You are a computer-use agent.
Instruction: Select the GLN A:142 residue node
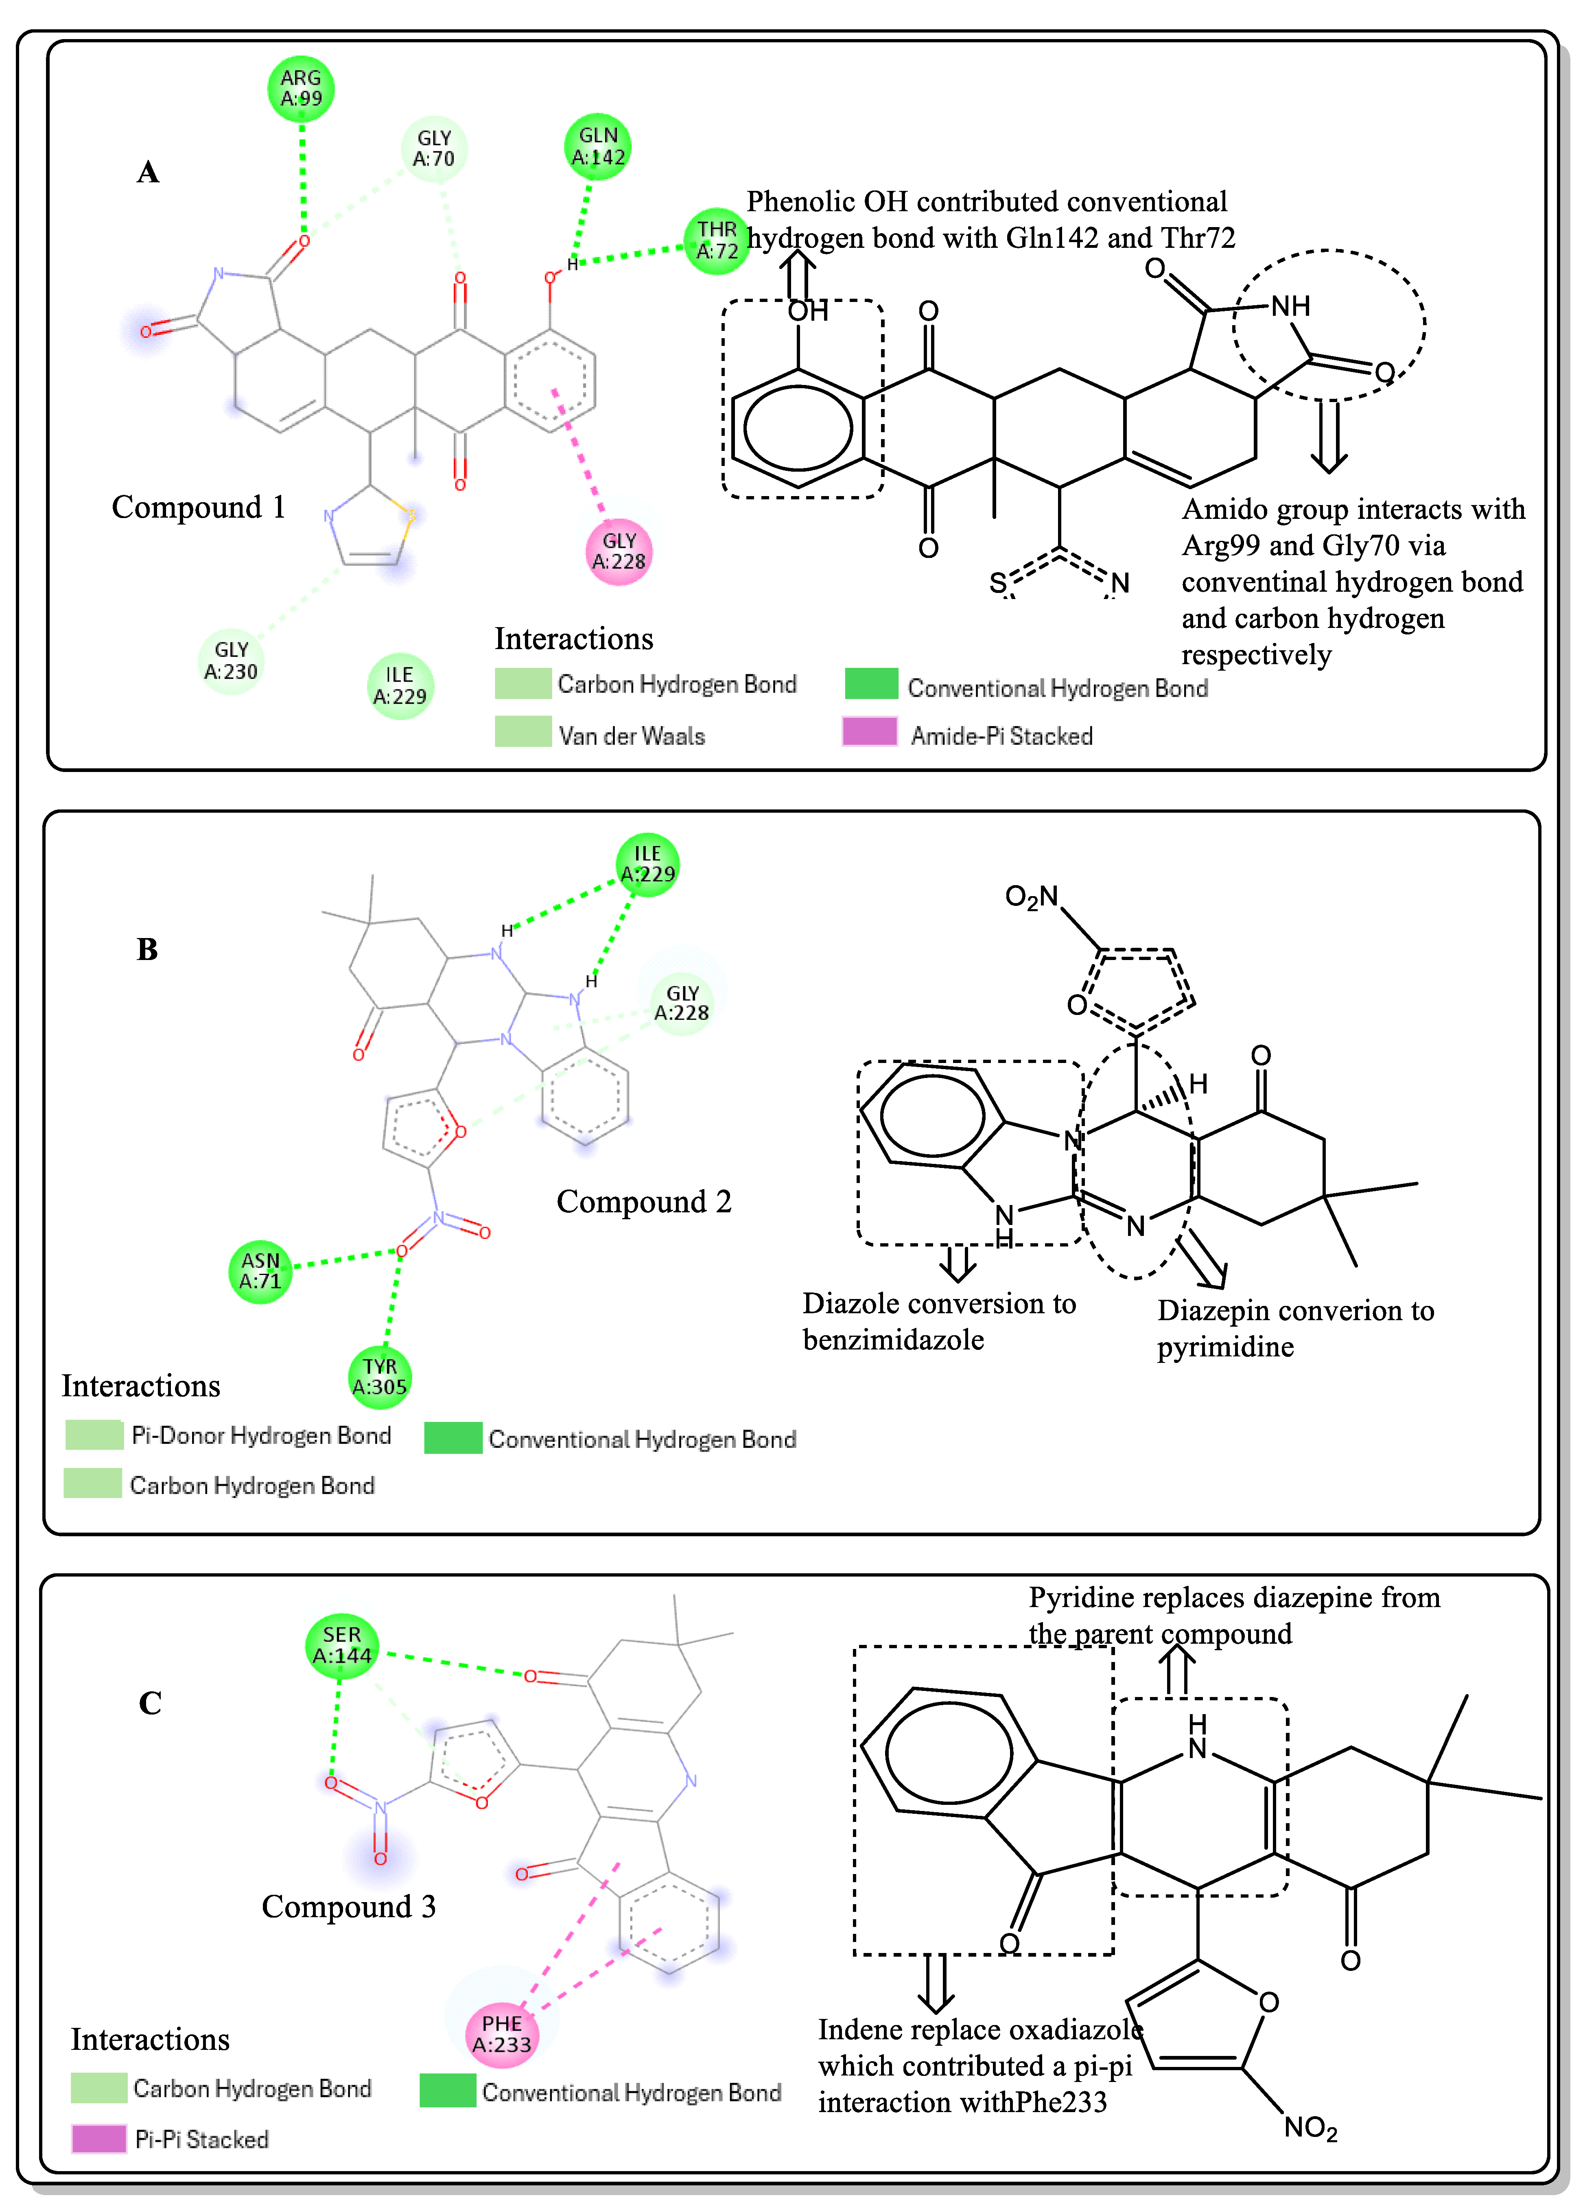[x=598, y=147]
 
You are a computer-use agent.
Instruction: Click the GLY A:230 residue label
[x=231, y=661]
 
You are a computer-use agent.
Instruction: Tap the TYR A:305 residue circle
[x=379, y=1376]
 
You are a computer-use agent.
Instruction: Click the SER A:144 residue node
[x=341, y=1646]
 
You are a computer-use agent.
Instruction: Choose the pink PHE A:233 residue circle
[x=502, y=2034]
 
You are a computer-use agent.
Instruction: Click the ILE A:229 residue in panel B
[x=647, y=864]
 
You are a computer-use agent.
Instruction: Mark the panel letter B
[x=147, y=949]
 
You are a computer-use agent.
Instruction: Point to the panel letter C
[x=150, y=1703]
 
